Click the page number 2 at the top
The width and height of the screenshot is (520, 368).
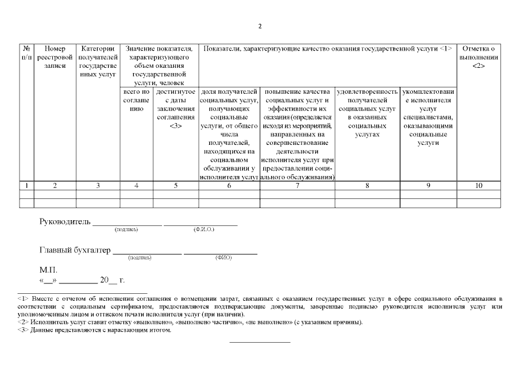click(x=260, y=26)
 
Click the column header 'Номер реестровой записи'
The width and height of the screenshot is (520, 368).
click(x=55, y=57)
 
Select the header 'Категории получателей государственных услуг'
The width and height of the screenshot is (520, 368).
click(x=98, y=62)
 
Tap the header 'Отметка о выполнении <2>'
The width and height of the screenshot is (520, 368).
click(x=479, y=57)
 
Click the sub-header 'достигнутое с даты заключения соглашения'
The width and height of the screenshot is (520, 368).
click(x=176, y=109)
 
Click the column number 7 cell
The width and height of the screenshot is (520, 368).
click(x=296, y=186)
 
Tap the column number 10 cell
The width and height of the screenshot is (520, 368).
click(x=479, y=186)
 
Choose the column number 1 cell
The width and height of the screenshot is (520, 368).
click(x=26, y=186)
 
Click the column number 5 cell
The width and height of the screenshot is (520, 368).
click(x=176, y=186)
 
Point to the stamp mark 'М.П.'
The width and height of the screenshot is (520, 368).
click(x=48, y=269)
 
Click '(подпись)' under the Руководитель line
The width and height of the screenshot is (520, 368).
click(x=126, y=230)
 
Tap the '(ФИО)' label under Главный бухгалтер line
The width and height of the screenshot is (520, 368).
click(x=224, y=258)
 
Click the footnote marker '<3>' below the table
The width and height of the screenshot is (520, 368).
click(x=24, y=330)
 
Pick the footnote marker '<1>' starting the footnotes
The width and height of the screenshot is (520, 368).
click(x=24, y=298)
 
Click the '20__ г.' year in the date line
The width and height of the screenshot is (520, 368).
click(x=112, y=281)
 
